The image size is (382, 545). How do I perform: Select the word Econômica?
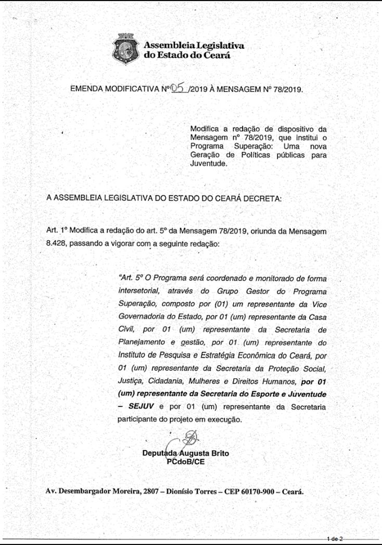coord(249,355)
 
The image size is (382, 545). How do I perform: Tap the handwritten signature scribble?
coord(189,438)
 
